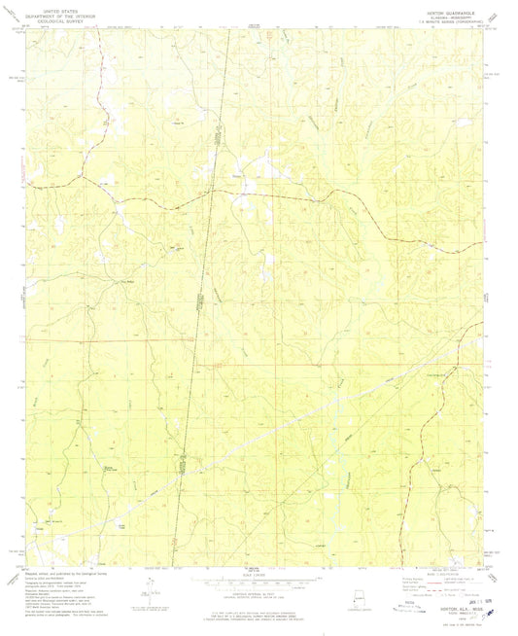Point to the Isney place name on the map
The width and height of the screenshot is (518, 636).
coord(241,175)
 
